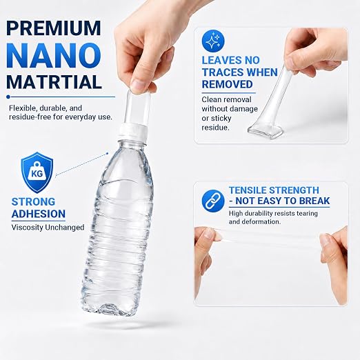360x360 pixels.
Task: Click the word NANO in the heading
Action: tap(54, 56)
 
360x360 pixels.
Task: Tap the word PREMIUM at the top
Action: tap(54, 28)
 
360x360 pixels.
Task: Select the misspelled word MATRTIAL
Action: tap(54, 82)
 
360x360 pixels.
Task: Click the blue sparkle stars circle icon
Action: tap(213, 41)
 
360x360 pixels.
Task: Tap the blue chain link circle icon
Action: tap(213, 201)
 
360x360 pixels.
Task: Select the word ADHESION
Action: tap(39, 214)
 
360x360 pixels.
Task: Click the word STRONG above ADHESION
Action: tap(33, 202)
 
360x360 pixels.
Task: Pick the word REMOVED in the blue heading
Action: tap(227, 84)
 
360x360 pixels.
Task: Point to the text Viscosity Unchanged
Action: tap(48, 228)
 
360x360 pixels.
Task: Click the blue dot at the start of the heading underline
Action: tap(8, 97)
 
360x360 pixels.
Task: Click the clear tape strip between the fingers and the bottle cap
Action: tap(137, 108)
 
